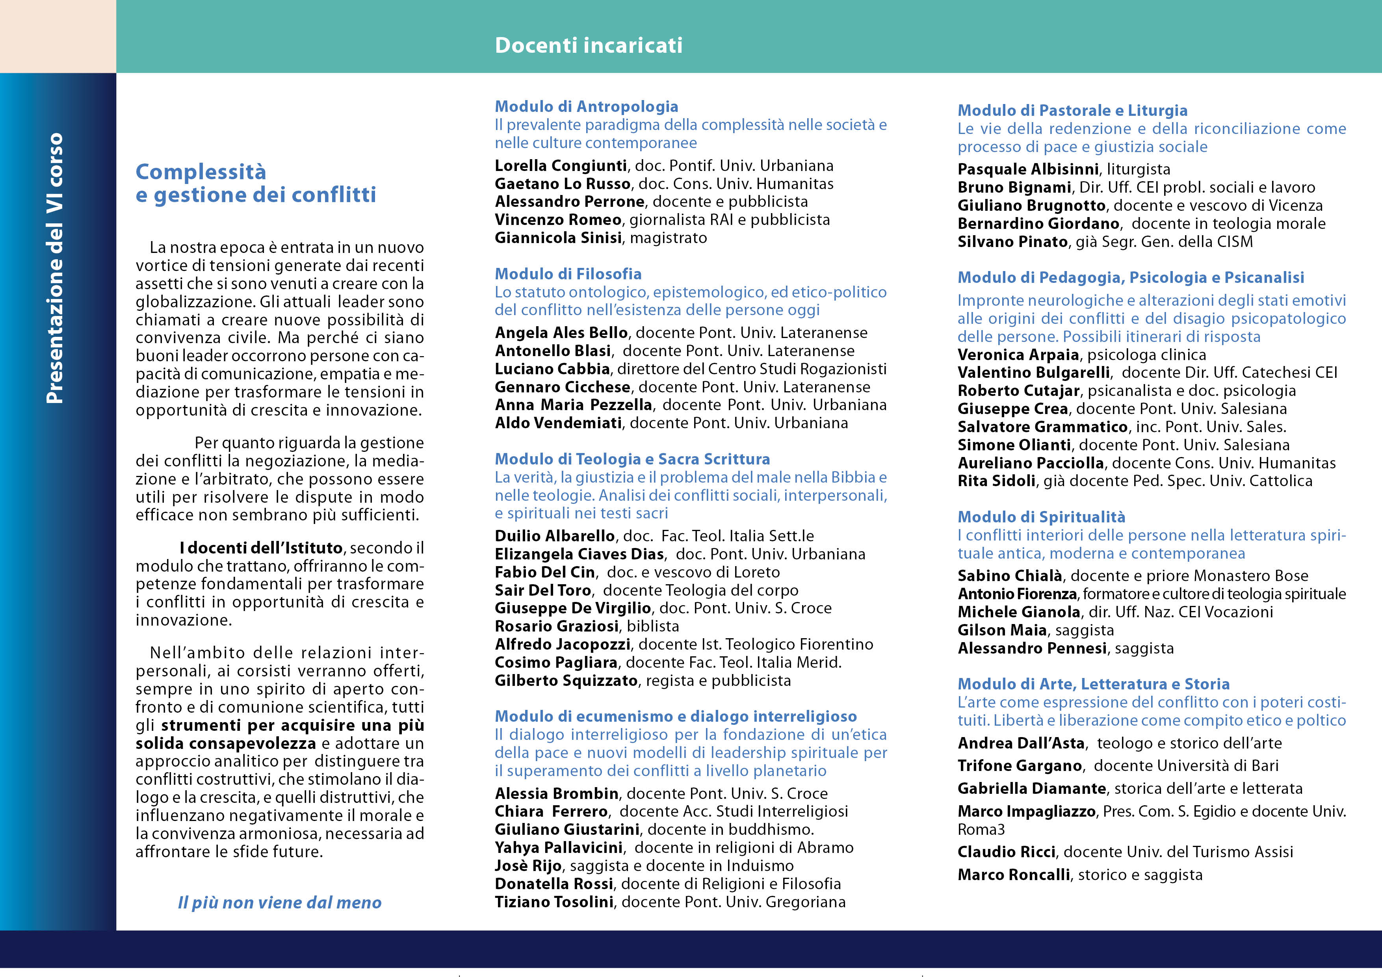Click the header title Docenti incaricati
588,45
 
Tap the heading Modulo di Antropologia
586,106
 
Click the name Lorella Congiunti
560,165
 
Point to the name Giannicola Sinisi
558,238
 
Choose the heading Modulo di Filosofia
568,274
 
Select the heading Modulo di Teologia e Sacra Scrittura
632,459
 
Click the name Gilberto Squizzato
566,681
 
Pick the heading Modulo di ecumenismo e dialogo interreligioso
675,716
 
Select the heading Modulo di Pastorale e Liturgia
1072,111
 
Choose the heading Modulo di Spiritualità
1041,517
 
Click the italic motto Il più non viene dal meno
279,903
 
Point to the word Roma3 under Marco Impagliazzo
981,830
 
